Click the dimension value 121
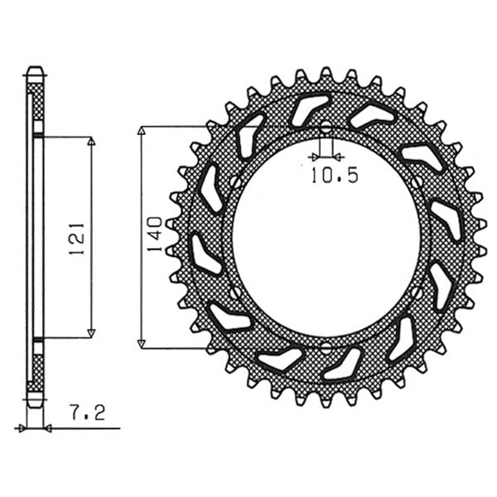click(79, 238)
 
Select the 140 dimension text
click(152, 235)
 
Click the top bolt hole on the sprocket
click(326, 128)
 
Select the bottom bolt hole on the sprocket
click(326, 345)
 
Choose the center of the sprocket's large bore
click(326, 237)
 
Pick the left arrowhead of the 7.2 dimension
click(20, 428)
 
